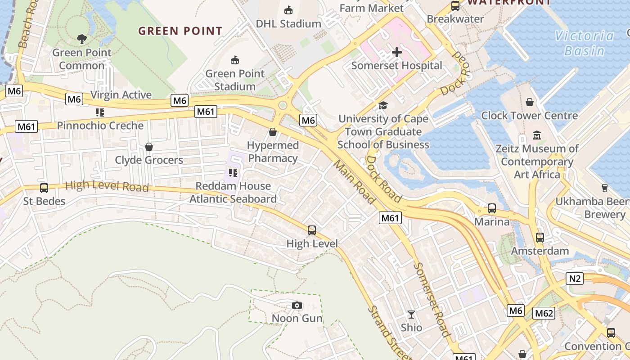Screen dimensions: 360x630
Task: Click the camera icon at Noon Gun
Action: coord(297,306)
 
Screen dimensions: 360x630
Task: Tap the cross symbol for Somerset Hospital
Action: coord(396,53)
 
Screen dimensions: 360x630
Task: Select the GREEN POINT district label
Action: coord(180,31)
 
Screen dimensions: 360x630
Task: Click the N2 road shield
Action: coord(575,279)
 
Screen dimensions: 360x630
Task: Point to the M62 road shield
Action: coord(543,313)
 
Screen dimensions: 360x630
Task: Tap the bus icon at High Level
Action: coord(312,230)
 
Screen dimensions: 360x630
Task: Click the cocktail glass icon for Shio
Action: coord(411,314)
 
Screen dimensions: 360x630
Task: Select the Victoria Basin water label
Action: coord(585,43)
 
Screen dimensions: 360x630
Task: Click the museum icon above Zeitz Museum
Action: coord(536,135)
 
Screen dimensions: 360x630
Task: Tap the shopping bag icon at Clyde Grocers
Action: coord(149,147)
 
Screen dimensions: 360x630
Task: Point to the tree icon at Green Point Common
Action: coord(81,39)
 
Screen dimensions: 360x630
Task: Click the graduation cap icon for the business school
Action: coord(383,105)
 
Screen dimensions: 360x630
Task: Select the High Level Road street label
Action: coord(107,185)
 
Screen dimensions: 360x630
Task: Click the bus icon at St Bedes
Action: coord(44,188)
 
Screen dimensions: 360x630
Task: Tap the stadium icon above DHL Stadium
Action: coord(288,10)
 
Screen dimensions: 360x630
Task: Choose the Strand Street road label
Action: coord(383,332)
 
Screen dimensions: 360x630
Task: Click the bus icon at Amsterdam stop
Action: coord(540,237)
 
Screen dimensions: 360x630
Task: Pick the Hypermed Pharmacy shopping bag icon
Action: coord(272,132)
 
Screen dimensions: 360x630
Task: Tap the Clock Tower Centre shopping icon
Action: coord(530,102)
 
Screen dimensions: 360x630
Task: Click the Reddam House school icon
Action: coord(233,172)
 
